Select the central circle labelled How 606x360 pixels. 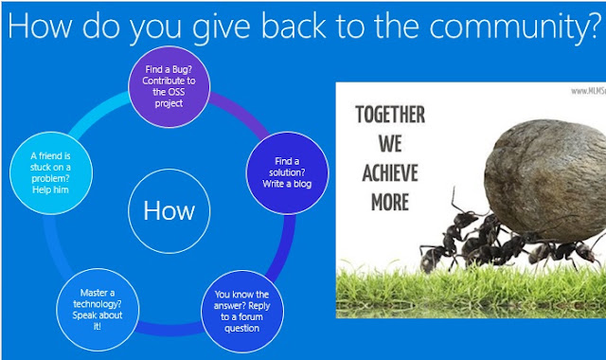click(x=169, y=211)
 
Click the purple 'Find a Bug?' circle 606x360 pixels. click(x=169, y=86)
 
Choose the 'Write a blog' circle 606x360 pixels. click(x=287, y=172)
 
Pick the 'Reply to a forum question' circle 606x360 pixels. click(x=242, y=312)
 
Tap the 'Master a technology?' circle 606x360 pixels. click(x=98, y=310)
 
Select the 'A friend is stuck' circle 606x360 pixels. click(x=50, y=172)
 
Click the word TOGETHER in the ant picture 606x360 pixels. click(x=390, y=115)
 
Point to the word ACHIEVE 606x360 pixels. click(x=390, y=172)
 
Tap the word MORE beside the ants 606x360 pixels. click(x=390, y=202)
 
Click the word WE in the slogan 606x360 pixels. click(x=390, y=144)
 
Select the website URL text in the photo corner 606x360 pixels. click(x=588, y=91)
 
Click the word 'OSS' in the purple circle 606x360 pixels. click(x=174, y=92)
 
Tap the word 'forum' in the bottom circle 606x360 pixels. click(x=250, y=317)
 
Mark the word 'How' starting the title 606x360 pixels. click(x=40, y=26)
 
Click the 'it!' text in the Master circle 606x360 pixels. click(x=97, y=326)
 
